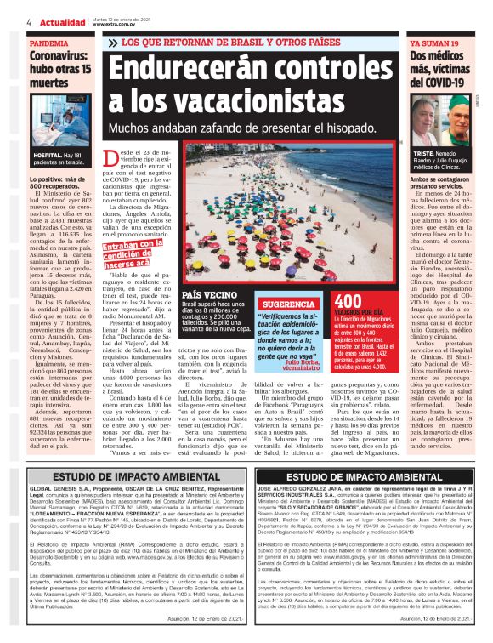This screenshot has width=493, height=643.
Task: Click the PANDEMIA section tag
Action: point(50,42)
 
